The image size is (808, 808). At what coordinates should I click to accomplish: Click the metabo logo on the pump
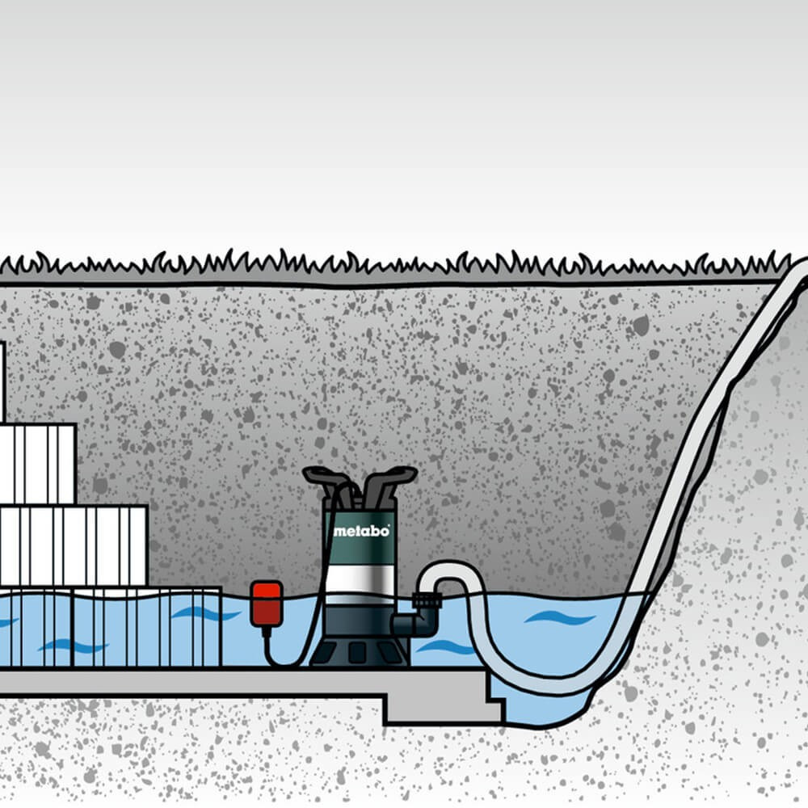[361, 531]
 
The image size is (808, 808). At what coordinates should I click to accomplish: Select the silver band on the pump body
[360, 581]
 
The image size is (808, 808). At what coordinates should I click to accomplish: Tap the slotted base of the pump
[360, 651]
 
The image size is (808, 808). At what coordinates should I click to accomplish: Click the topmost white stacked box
[2, 380]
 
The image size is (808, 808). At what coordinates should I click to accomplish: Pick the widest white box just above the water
[73, 545]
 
